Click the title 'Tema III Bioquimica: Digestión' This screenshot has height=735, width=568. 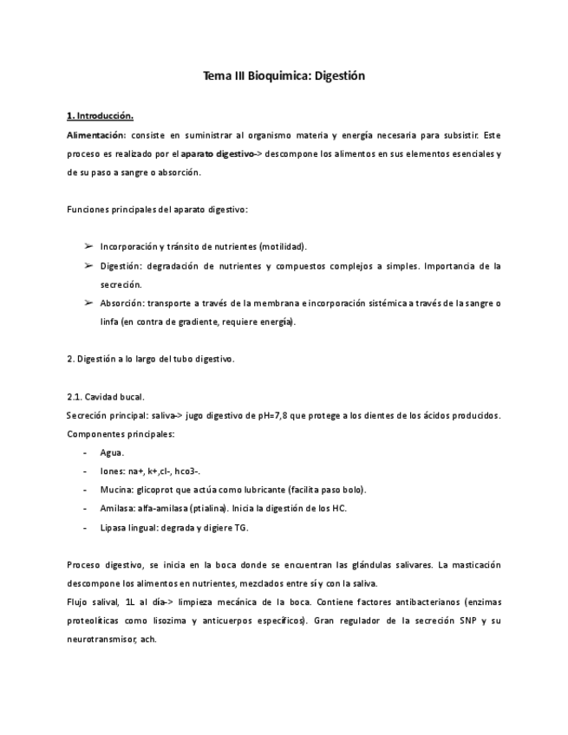[x=284, y=76]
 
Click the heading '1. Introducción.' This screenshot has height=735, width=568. [x=100, y=115]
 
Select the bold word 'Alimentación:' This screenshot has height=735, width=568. [x=96, y=135]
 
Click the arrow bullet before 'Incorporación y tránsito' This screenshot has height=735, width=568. [x=88, y=246]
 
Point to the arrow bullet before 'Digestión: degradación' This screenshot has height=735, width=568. [x=88, y=265]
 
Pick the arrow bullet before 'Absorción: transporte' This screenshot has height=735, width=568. [x=88, y=302]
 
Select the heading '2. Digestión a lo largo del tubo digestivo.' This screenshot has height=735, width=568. [x=150, y=359]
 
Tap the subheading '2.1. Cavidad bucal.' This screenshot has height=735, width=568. [x=105, y=396]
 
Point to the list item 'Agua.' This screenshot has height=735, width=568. [x=112, y=452]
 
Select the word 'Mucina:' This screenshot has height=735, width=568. [x=117, y=490]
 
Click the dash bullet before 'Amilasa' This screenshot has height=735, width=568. [x=84, y=509]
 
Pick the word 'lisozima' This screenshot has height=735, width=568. [x=172, y=621]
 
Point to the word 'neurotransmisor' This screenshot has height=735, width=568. [x=99, y=640]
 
